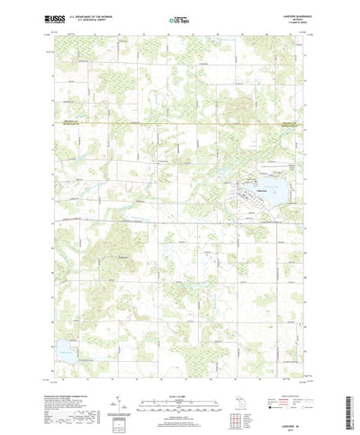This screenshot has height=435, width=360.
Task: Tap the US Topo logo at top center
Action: pyautogui.click(x=179, y=19)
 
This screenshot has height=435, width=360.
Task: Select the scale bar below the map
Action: pyautogui.click(x=179, y=388)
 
